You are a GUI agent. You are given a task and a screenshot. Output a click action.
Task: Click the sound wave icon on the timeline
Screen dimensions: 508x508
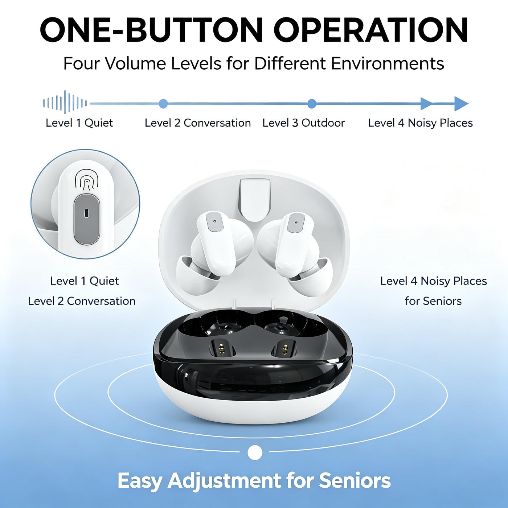(x=65, y=102)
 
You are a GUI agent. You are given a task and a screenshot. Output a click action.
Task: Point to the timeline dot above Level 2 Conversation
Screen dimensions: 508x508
(x=163, y=104)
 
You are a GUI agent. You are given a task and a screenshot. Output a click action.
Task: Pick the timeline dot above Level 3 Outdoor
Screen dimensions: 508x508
(x=312, y=104)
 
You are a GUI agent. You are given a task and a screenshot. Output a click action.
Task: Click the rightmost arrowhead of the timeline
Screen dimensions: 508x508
(x=461, y=104)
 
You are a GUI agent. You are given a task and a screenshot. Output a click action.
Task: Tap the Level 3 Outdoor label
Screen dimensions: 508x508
(x=303, y=123)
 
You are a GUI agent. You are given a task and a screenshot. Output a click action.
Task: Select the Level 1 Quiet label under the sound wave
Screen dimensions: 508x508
(x=79, y=123)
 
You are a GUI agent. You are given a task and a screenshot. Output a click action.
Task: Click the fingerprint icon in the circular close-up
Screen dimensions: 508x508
(x=86, y=180)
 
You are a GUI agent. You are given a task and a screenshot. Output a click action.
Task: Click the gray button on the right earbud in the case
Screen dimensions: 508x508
(x=296, y=223)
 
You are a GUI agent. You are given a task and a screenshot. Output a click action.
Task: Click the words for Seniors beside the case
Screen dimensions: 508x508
(x=433, y=301)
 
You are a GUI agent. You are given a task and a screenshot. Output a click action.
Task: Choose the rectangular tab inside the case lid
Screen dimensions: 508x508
(x=255, y=200)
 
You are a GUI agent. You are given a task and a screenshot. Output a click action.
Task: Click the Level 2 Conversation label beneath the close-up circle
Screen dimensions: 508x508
(x=82, y=301)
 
